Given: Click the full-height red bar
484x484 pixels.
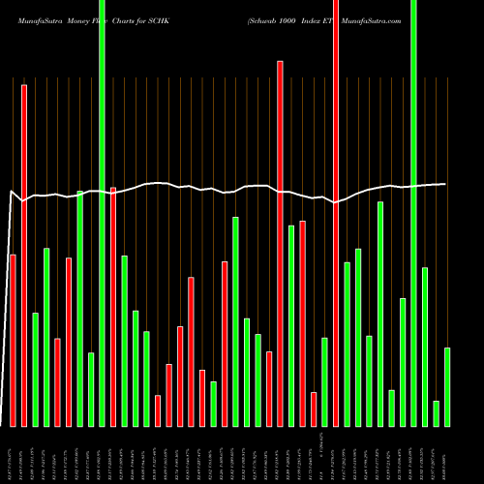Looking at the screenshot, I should (x=336, y=213).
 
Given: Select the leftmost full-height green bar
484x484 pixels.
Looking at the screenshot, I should (x=102, y=213).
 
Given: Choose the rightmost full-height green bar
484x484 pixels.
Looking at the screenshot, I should (x=413, y=213).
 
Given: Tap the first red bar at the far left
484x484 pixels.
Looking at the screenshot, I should (x=13, y=340).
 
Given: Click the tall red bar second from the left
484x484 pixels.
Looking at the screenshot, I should (x=24, y=256).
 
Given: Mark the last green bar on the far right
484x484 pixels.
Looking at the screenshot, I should (x=447, y=386).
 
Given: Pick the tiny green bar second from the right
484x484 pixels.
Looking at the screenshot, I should (x=437, y=413).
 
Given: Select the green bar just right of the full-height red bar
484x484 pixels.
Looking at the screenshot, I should (x=347, y=344).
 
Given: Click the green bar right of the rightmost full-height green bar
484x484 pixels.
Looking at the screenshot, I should (x=425, y=347).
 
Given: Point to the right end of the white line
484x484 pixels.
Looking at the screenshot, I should (x=445, y=184).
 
